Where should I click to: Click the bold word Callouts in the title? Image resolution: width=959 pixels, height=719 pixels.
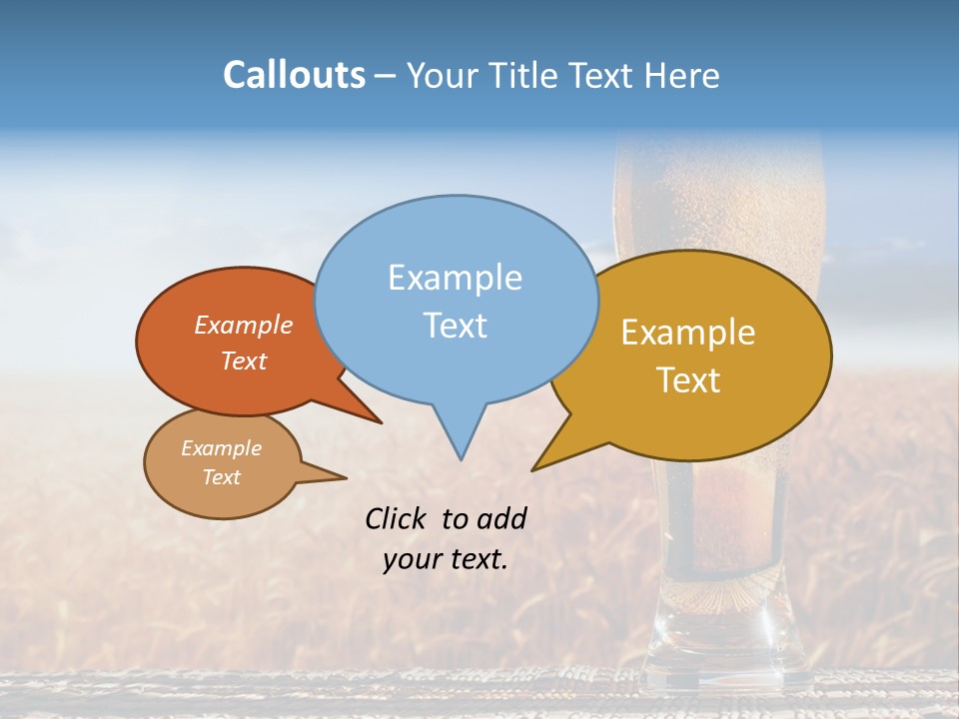294,75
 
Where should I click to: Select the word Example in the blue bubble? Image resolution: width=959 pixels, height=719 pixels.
455,278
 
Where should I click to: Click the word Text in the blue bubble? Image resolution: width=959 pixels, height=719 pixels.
455,325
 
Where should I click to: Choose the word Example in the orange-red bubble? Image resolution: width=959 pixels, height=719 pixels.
243,325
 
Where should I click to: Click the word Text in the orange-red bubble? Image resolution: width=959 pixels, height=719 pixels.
243,360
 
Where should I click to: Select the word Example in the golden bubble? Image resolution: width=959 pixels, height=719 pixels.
688,333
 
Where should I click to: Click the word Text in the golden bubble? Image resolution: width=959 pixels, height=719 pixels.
688,379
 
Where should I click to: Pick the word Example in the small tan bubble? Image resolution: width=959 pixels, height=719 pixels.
221,448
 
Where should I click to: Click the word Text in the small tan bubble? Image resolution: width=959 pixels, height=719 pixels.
221,477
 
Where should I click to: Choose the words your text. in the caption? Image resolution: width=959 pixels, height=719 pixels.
445,559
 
